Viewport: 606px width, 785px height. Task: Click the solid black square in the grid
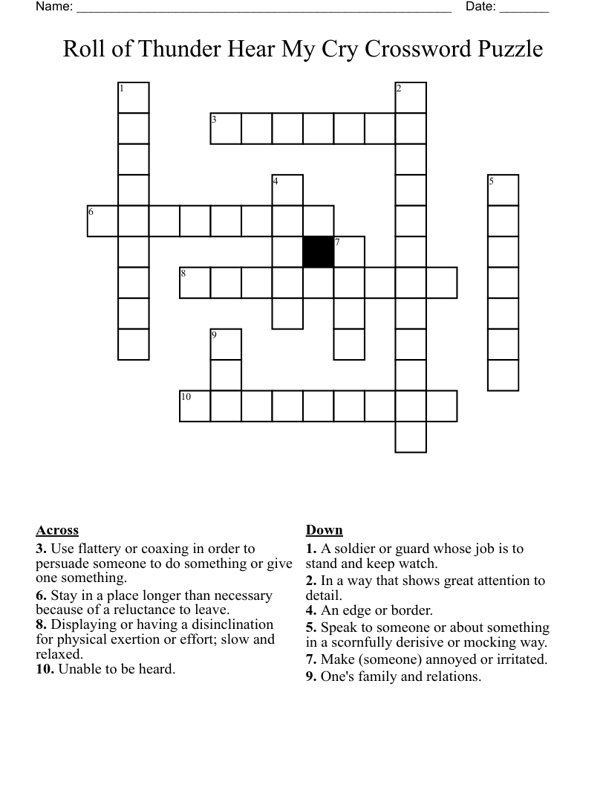(x=319, y=252)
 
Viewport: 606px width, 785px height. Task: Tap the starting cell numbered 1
(x=134, y=97)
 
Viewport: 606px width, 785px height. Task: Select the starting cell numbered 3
(x=226, y=129)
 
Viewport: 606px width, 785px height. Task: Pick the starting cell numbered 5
(x=503, y=190)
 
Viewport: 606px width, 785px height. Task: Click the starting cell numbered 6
(x=102, y=221)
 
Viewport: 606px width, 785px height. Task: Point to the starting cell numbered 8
(x=195, y=282)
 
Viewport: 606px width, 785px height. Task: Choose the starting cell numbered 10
(x=195, y=406)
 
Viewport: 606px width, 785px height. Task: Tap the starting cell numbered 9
(x=226, y=344)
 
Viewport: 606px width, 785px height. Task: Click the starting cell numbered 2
(x=411, y=97)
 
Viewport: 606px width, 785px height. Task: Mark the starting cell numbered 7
(x=349, y=252)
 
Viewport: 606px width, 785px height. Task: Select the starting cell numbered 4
(x=287, y=190)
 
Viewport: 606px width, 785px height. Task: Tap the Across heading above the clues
(x=57, y=530)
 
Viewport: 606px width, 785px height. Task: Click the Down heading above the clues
(x=324, y=530)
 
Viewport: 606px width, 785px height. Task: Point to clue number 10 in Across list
(x=43, y=669)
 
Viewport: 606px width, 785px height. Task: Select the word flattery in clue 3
(x=101, y=549)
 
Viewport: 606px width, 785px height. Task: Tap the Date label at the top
(x=480, y=7)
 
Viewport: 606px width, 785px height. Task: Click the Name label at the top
(x=53, y=7)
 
